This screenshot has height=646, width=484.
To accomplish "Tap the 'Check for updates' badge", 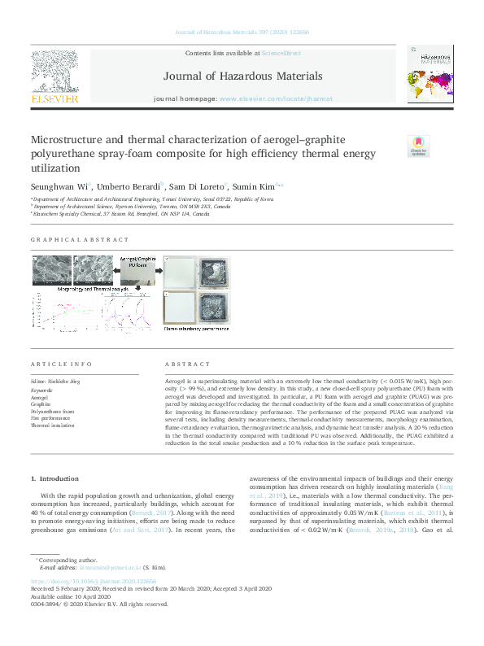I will [417, 146].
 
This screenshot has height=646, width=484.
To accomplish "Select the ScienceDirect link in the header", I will [281, 53].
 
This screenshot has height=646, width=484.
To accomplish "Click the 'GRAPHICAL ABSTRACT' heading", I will [80, 239].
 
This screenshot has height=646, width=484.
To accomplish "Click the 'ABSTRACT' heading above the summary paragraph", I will [187, 364].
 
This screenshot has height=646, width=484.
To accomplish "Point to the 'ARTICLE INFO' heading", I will [60, 364].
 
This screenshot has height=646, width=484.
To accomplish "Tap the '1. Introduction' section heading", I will [55, 478].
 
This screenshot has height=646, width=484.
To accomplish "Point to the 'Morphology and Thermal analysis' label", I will [92, 289].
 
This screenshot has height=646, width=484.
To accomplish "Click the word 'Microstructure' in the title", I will [69, 139].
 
